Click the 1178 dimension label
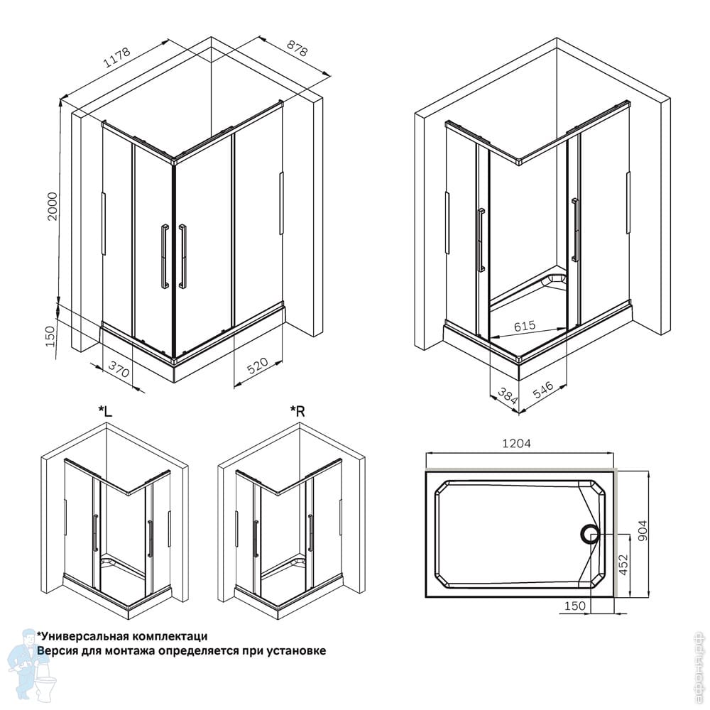(117, 57)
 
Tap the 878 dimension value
(297, 48)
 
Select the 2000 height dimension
(53, 207)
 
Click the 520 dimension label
(257, 366)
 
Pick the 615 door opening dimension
(525, 326)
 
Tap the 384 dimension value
(507, 395)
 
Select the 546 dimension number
(542, 390)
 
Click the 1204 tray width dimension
(516, 443)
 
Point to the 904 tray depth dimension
(643, 530)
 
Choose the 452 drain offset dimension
(623, 564)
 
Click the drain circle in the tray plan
(590, 535)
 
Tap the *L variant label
(105, 411)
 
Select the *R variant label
(297, 411)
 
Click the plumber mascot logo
(33, 666)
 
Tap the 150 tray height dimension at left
(50, 336)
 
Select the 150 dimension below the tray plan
(574, 606)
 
